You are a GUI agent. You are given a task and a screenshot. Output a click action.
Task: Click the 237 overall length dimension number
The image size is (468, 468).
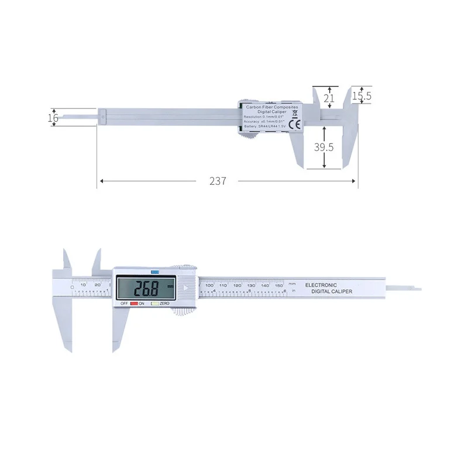click(217, 181)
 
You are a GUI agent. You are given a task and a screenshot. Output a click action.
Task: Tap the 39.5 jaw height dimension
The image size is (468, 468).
click(324, 147)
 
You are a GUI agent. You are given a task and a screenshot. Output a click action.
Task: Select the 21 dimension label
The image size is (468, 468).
click(329, 99)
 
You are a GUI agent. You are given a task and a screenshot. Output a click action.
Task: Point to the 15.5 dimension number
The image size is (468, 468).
click(362, 95)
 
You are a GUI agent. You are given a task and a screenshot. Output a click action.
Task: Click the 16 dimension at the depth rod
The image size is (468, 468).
click(53, 118)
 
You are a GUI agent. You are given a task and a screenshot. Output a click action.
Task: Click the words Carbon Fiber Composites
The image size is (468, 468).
click(271, 108)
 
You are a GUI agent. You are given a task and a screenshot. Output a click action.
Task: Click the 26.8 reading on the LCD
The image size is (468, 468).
click(146, 288)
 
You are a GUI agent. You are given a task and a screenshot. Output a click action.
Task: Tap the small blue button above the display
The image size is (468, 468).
click(155, 271)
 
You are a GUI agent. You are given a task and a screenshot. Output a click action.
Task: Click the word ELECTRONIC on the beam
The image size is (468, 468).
click(321, 285)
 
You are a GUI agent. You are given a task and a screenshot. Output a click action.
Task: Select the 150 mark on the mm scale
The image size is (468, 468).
click(279, 285)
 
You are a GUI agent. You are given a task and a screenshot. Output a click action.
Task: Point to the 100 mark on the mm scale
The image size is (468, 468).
click(209, 285)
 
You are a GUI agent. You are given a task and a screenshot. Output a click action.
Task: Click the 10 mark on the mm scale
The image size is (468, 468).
click(84, 285)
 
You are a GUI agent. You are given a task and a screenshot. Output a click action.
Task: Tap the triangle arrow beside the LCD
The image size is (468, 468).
click(185, 288)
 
